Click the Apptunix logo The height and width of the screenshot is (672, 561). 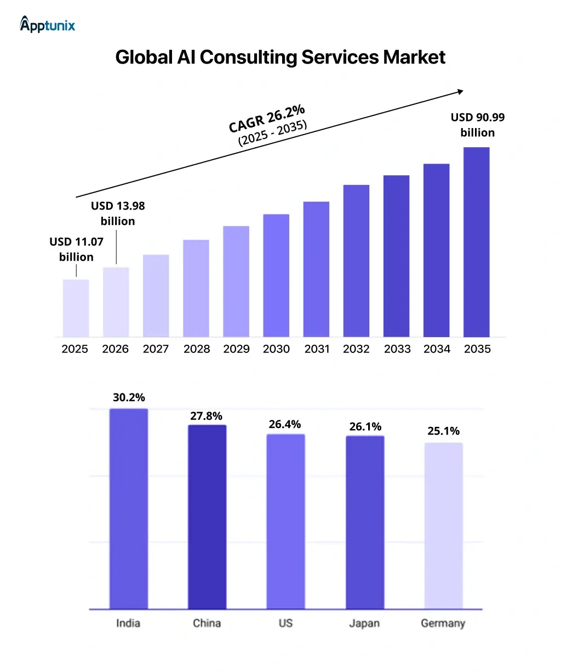click(47, 25)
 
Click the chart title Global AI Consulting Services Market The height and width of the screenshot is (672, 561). click(280, 57)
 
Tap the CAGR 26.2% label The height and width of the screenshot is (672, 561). click(266, 119)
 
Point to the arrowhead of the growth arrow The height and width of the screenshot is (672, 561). click(461, 91)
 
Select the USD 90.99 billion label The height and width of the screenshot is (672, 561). click(477, 125)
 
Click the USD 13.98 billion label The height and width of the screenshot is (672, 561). click(118, 213)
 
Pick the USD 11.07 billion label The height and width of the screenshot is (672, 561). click(76, 249)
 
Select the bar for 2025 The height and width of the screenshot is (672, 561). click(76, 308)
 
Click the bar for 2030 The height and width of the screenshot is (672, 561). click(276, 275)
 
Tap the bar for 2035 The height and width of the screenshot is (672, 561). click(476, 242)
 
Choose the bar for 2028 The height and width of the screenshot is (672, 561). click(196, 288)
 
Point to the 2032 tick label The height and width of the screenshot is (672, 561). click(356, 349)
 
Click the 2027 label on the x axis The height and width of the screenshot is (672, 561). click(156, 349)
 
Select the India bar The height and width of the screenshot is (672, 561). click(129, 508)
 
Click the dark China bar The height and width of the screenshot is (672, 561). click(207, 517)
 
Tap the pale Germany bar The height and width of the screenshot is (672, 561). click(443, 525)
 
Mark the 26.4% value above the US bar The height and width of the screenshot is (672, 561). click(285, 424)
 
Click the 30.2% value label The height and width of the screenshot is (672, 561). click(129, 397)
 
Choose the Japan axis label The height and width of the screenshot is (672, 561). click(364, 623)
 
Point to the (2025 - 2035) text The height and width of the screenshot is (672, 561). click(273, 133)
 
